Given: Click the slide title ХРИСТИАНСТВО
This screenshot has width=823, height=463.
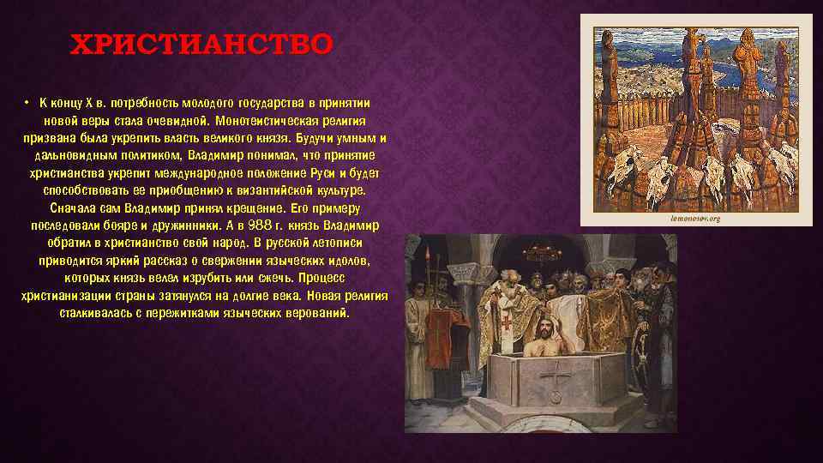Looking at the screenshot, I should pos(199,44).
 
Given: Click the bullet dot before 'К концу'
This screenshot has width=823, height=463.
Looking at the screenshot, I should pos(27,101).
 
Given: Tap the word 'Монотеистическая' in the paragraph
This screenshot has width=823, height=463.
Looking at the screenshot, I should pos(265,120).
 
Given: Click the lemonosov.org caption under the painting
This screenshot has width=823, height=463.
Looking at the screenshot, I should pos(694,219).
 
